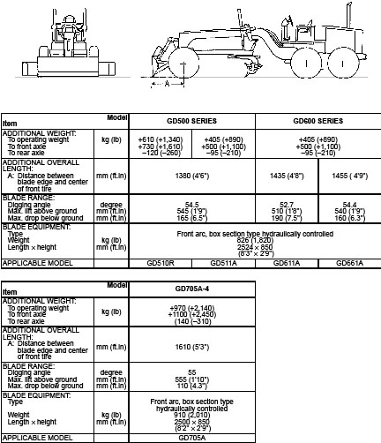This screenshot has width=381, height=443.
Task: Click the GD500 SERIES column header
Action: coord(189,119)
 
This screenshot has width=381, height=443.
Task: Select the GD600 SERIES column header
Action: coord(317,119)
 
